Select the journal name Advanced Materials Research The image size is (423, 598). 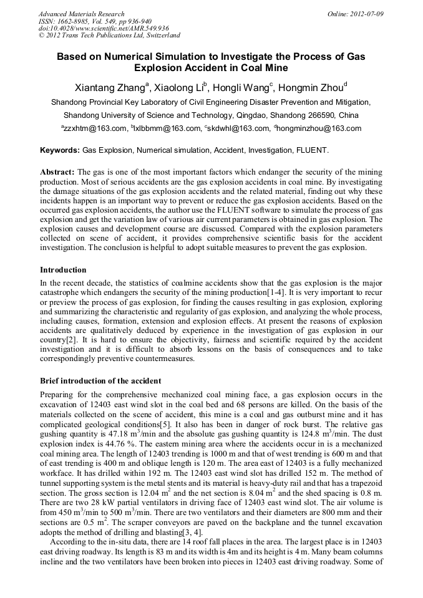point(82,13)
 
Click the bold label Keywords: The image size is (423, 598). point(60,150)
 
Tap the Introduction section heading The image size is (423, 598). point(64,270)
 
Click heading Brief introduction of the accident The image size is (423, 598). point(100,381)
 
